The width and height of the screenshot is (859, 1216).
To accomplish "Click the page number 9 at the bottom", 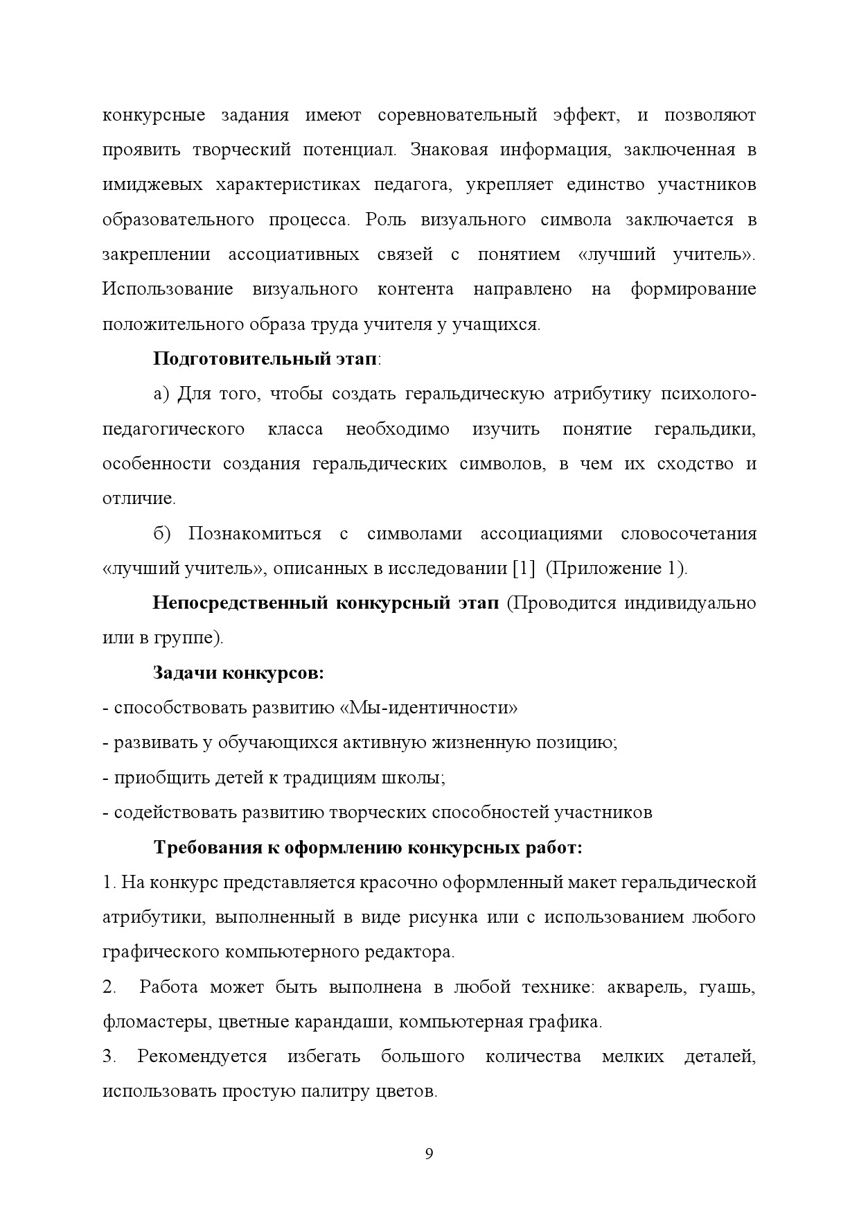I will [x=429, y=1154].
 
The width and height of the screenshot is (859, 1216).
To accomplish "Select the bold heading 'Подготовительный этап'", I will [x=266, y=359].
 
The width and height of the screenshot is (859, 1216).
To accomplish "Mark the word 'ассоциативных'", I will [x=294, y=254].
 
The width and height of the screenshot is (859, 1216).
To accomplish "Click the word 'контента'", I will [x=416, y=289].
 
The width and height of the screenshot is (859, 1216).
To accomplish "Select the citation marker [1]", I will [x=524, y=568].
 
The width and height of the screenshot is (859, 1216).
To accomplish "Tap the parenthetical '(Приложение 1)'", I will [x=616, y=568].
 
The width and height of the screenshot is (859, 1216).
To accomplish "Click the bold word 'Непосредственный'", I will [x=240, y=603].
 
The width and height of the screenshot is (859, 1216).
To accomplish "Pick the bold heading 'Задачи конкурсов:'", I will [x=238, y=673].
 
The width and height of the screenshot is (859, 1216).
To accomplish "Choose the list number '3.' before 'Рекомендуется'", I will [x=109, y=1057].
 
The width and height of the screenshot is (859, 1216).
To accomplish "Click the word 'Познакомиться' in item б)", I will [x=254, y=534].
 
